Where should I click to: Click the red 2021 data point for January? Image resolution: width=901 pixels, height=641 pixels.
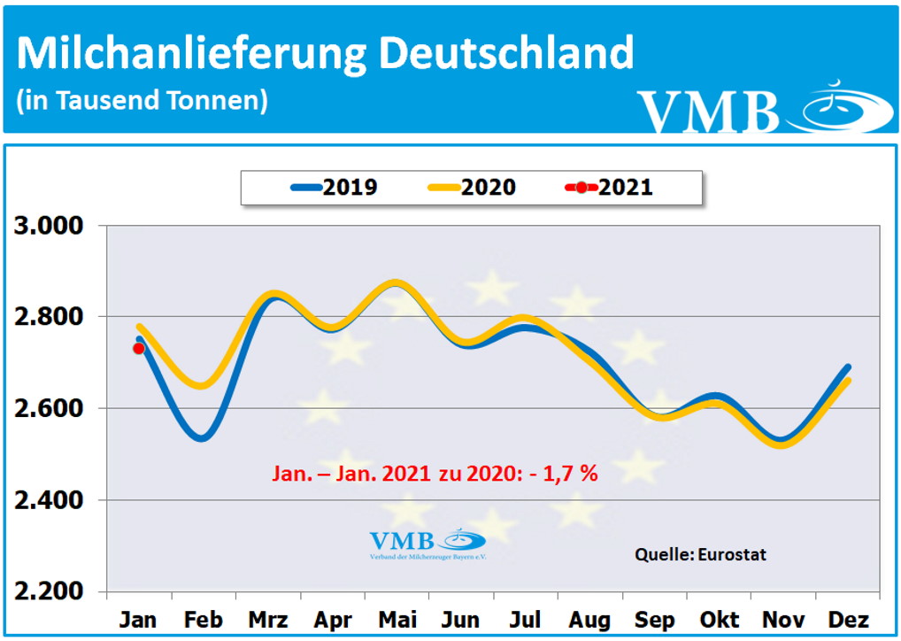138,348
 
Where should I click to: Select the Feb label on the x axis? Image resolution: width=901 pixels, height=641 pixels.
203,618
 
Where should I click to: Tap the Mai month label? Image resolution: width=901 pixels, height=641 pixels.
397,618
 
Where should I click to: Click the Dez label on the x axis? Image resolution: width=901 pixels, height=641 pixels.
848,618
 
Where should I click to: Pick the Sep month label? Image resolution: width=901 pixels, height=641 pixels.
654,618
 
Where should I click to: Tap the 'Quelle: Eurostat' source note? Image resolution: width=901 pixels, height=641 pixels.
700,554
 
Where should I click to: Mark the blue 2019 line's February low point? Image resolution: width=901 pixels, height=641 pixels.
203,437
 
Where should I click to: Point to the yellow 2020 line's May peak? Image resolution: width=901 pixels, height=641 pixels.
397,284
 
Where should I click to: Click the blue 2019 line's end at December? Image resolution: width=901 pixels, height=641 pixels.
848,367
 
